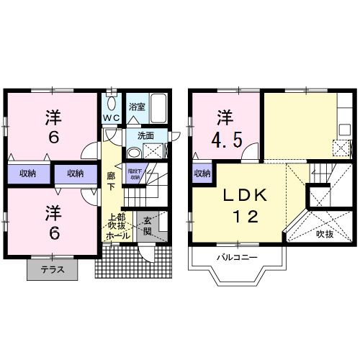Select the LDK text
[240, 194]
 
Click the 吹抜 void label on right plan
[323, 235]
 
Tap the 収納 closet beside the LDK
[202, 173]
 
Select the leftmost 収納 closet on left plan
[29, 173]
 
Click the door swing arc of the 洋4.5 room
[248, 151]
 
